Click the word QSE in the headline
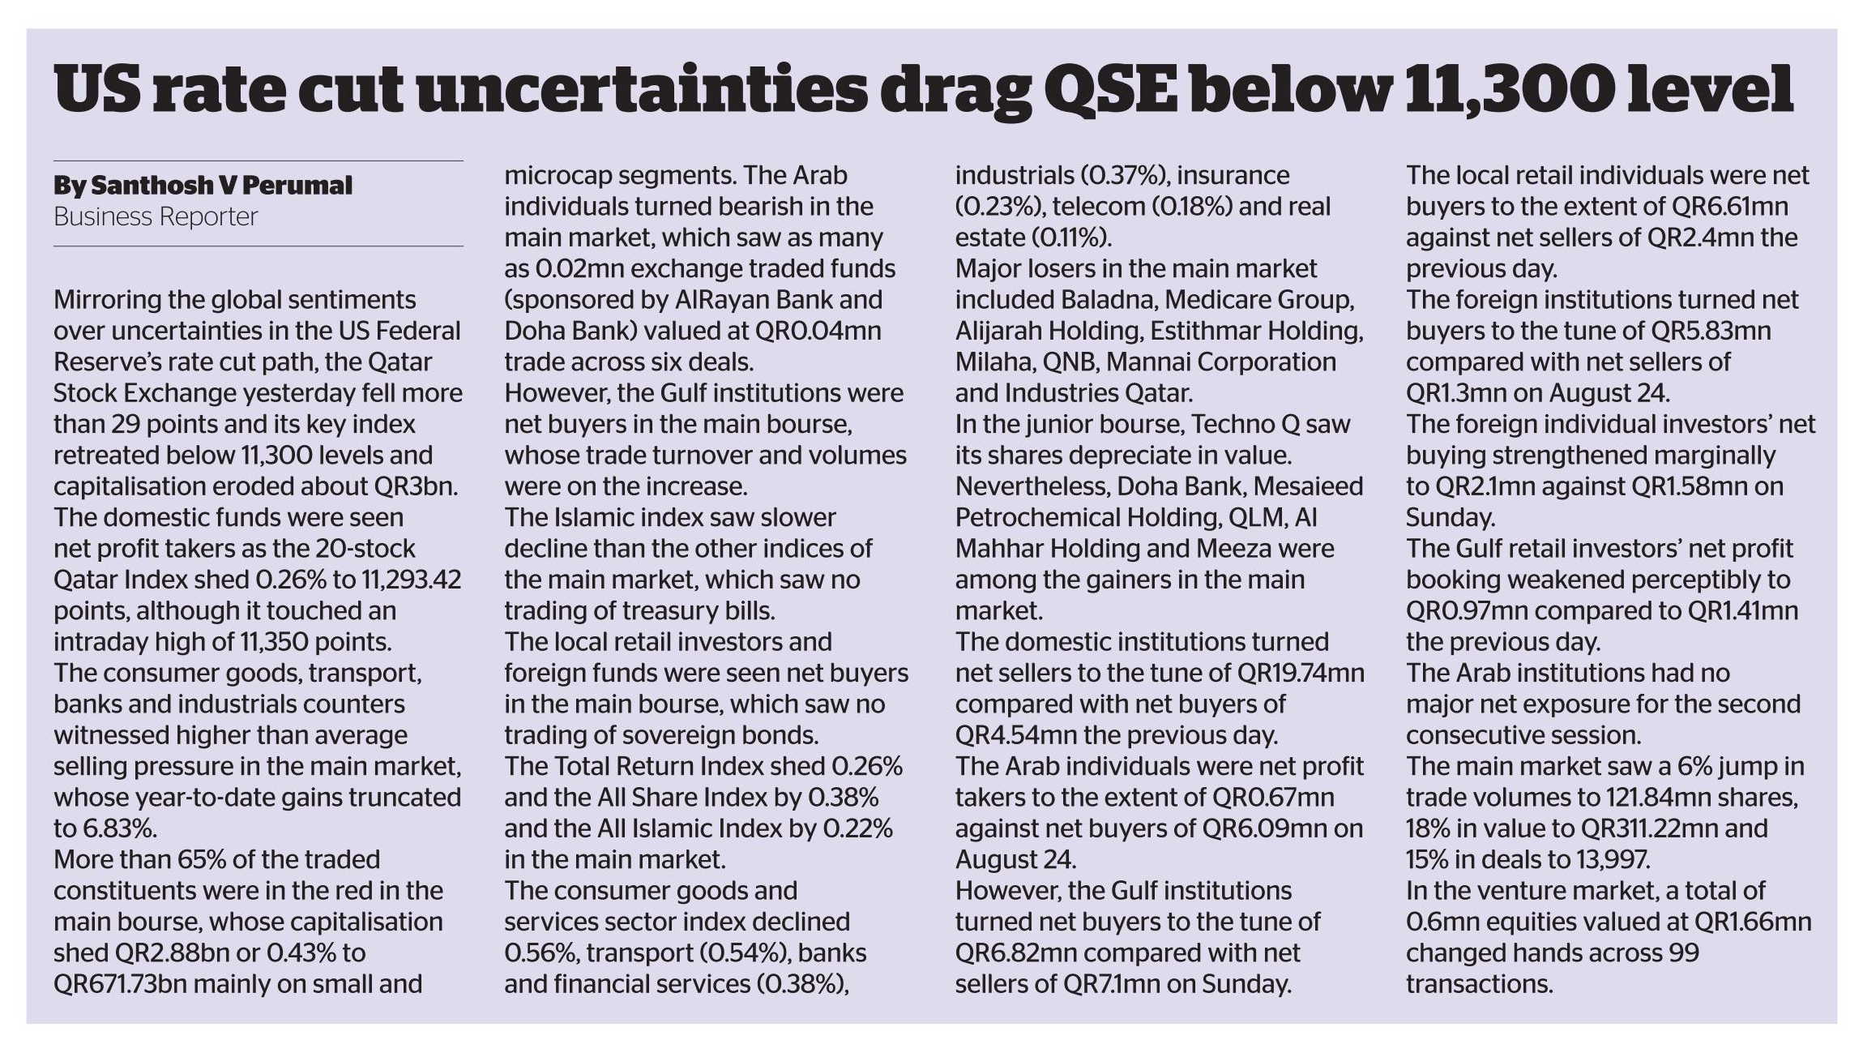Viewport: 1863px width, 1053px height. coord(1110,91)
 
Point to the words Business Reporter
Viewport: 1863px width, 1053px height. coord(156,217)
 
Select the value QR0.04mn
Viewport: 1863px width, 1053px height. coord(818,331)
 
